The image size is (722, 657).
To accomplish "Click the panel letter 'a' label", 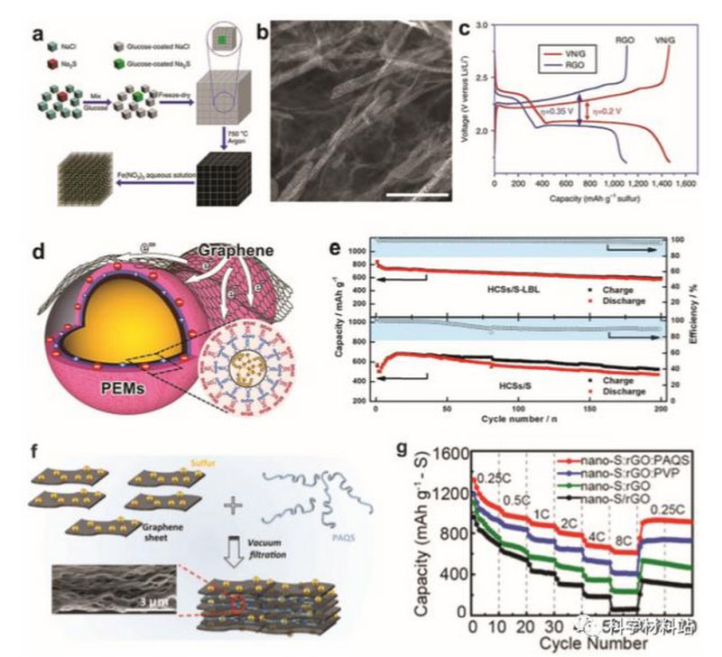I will [39, 34].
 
